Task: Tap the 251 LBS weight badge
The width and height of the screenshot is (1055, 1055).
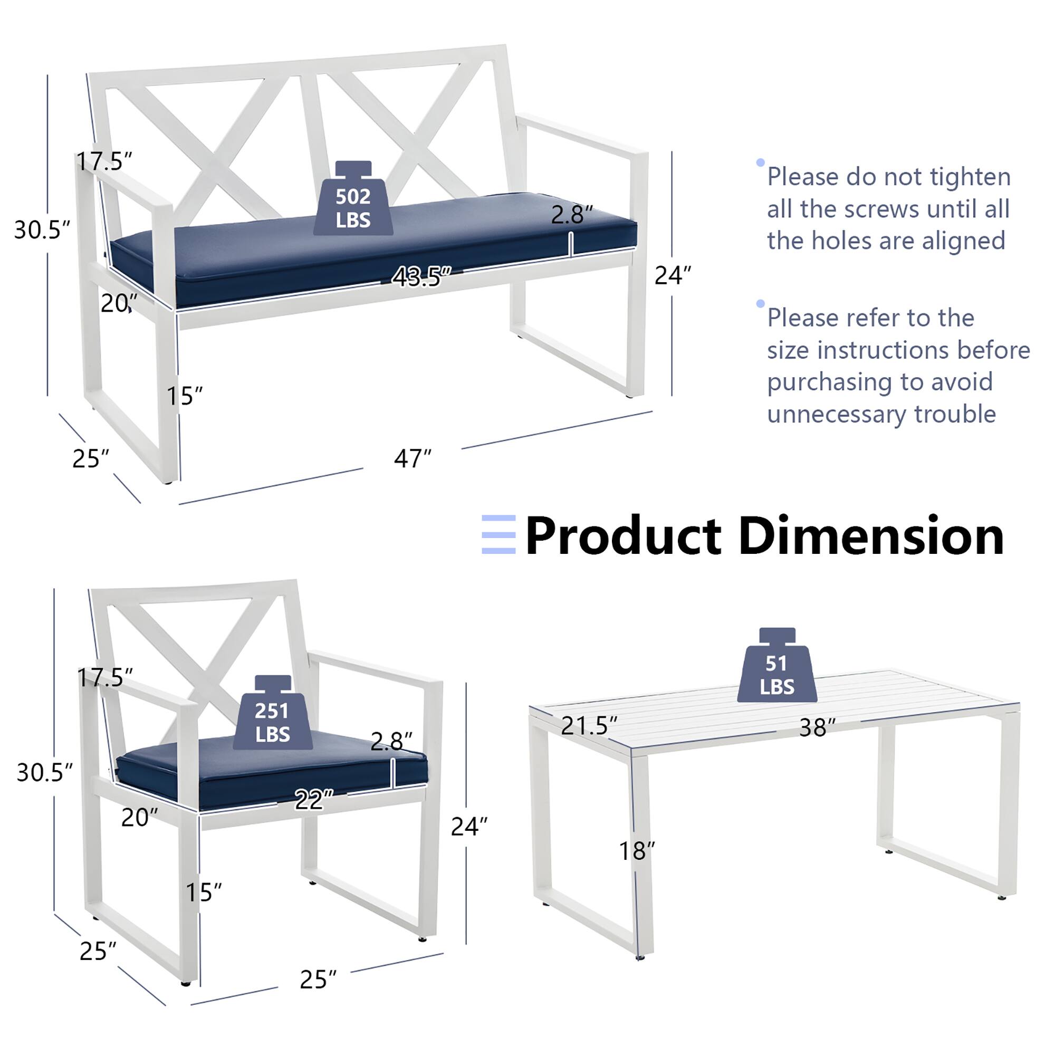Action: click(x=272, y=715)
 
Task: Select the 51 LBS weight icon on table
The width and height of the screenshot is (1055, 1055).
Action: click(x=776, y=668)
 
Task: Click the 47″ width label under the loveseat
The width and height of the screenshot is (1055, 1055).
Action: click(x=413, y=459)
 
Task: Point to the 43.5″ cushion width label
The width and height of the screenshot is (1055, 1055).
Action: click(x=421, y=277)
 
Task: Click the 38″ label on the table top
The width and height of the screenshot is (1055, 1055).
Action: click(x=817, y=728)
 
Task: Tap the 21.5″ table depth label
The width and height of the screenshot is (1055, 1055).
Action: click(x=589, y=726)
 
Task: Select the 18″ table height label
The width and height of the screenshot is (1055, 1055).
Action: click(x=636, y=851)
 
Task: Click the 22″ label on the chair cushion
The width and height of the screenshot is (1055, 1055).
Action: click(x=313, y=801)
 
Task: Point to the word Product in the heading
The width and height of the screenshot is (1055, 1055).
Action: click(x=622, y=537)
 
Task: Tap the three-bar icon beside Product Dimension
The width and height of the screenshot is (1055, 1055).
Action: click(x=498, y=534)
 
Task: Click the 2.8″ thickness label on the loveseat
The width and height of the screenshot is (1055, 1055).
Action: click(x=571, y=215)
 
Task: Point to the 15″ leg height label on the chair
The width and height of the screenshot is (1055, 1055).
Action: click(x=204, y=893)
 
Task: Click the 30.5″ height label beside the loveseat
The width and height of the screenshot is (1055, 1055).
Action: click(x=42, y=230)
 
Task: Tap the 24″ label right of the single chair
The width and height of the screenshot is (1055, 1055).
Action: click(x=468, y=827)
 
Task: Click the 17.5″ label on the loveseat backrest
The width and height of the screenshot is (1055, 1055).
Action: click(x=104, y=161)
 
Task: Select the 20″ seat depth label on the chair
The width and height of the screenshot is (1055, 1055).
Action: click(x=139, y=818)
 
